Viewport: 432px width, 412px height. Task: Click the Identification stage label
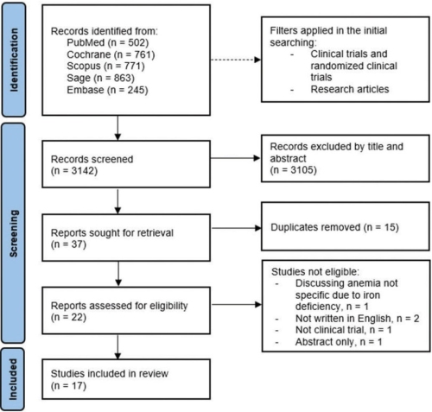14,60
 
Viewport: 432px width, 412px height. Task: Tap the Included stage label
13,379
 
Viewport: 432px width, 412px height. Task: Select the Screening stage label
14,233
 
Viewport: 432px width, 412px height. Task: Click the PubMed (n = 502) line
108,42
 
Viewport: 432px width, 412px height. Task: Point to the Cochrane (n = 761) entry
111,54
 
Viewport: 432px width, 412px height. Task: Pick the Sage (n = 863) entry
100,78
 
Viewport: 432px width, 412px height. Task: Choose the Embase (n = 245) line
107,90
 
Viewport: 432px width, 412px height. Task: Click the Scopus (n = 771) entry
105,67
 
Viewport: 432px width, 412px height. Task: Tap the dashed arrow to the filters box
236,60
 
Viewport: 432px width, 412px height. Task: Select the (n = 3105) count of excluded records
293,170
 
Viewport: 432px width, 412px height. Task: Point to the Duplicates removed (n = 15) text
334,227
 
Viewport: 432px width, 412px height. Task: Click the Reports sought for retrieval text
112,232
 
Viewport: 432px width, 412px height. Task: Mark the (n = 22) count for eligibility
68,317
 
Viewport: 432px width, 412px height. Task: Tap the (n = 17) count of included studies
68,385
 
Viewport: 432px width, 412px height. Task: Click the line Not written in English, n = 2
357,319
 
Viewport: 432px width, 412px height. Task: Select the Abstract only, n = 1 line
339,342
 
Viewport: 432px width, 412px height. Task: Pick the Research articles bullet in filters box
350,89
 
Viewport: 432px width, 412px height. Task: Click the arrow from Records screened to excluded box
236,158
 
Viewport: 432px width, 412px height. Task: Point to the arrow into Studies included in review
118,346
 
